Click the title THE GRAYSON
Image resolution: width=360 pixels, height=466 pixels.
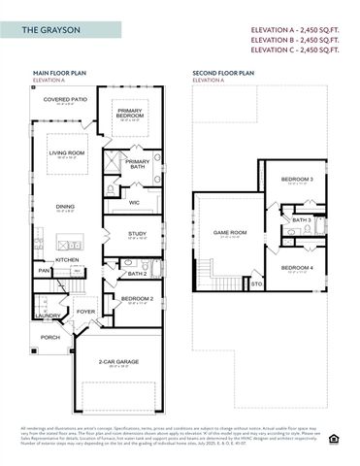click(x=53, y=32)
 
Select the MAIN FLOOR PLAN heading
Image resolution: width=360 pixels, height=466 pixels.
click(x=60, y=72)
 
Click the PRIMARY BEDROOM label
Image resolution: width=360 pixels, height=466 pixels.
click(x=130, y=112)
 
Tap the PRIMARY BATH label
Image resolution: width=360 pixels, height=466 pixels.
click(x=138, y=162)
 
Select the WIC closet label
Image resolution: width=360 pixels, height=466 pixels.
click(x=134, y=202)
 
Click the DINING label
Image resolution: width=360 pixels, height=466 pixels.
click(x=65, y=206)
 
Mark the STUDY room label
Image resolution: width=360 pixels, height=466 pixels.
click(x=137, y=233)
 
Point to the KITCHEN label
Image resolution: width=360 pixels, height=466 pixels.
click(x=67, y=259)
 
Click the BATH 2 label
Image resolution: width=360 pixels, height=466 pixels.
click(x=137, y=273)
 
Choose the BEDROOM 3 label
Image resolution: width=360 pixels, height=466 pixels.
click(x=296, y=180)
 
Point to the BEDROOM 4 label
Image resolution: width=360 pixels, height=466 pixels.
click(x=296, y=267)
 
